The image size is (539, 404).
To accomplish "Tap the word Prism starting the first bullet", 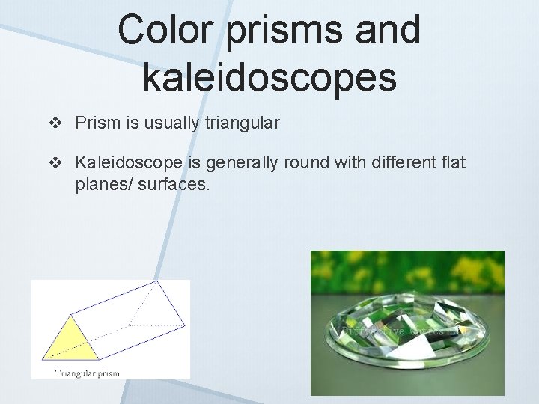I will [x=98, y=123].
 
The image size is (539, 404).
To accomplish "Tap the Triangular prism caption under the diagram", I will [x=88, y=373].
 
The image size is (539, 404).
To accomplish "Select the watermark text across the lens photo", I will [x=397, y=330].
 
